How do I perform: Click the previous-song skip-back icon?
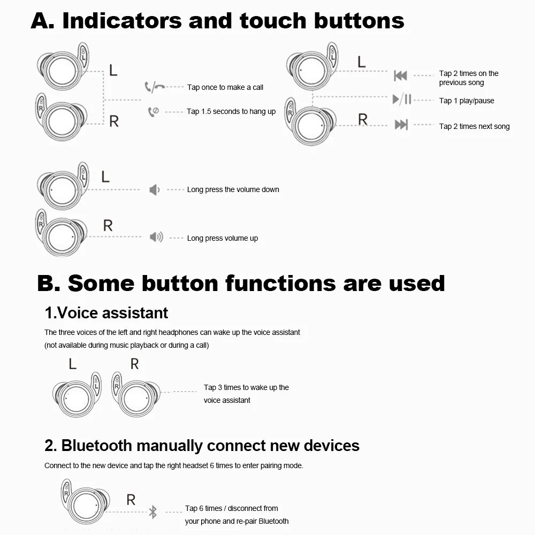[x=400, y=75]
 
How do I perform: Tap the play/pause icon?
[x=402, y=100]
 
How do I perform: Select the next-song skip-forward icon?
[x=401, y=125]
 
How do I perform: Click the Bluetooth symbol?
[x=152, y=512]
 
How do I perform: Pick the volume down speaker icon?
[x=154, y=189]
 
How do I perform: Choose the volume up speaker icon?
[x=156, y=236]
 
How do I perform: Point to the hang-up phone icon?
[x=154, y=111]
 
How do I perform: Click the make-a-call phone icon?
[x=155, y=87]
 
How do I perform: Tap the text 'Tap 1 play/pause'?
[x=467, y=101]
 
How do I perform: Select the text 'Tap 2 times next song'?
[x=474, y=126]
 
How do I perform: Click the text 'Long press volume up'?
[x=222, y=238]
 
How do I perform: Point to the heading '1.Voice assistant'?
[x=106, y=312]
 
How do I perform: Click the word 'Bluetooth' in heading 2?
[x=96, y=445]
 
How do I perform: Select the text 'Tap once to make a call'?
[x=225, y=87]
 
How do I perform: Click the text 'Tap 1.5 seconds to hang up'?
[x=231, y=111]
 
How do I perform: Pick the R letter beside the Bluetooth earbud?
[x=131, y=500]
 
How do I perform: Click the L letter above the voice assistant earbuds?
[x=73, y=364]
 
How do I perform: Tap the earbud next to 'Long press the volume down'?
[x=62, y=187]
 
